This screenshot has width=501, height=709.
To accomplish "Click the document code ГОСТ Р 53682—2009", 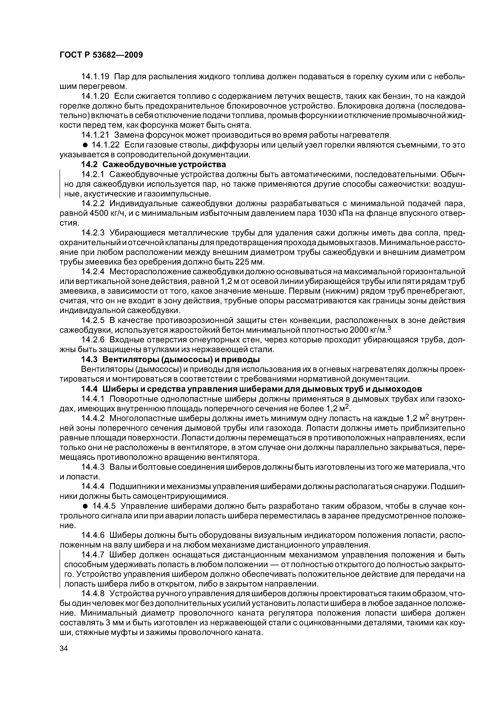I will point(101,55).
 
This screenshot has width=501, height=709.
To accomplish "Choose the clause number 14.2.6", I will point(93,340).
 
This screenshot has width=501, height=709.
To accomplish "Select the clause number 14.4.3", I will point(93,467).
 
